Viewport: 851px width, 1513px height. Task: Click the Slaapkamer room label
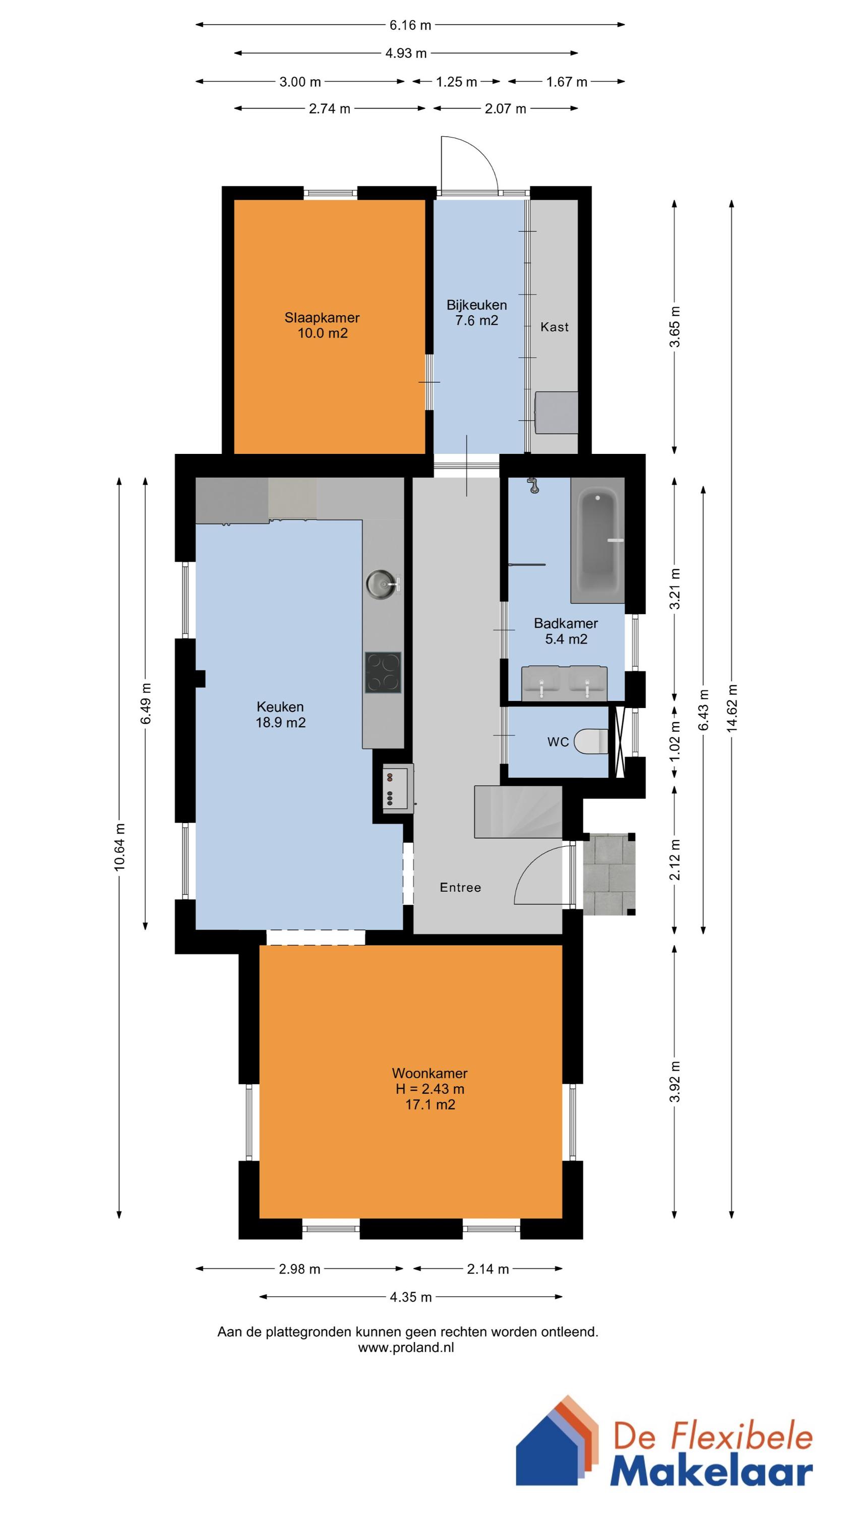(322, 318)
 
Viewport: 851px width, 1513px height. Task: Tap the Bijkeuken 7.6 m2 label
(476, 313)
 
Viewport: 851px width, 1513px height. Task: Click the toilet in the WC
(591, 741)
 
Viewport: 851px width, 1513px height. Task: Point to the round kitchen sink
(382, 584)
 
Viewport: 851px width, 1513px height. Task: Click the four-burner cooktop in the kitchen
(383, 672)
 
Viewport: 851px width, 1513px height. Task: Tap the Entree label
(460, 888)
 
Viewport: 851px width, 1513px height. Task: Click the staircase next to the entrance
(518, 811)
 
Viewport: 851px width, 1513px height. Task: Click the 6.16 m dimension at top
(410, 25)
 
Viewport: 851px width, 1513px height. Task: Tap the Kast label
(555, 327)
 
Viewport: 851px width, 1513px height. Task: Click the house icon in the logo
(558, 1449)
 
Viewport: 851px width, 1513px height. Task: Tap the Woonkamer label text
(430, 1073)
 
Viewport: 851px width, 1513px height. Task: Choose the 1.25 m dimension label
(456, 82)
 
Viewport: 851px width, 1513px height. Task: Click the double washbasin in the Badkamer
(565, 684)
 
